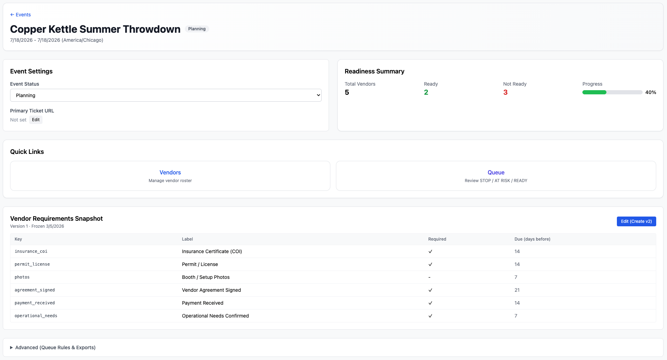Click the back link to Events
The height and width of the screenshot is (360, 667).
click(x=21, y=15)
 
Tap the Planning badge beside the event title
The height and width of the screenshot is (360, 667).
click(x=197, y=29)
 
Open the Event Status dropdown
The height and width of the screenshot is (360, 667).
click(x=166, y=95)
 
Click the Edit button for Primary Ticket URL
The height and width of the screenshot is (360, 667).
click(x=36, y=120)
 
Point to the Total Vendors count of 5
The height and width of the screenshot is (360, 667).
click(x=347, y=92)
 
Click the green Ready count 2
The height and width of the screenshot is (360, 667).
click(x=426, y=92)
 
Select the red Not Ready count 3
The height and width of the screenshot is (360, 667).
click(x=505, y=92)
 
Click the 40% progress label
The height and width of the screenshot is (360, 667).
click(x=651, y=92)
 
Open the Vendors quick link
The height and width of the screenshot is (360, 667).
click(x=170, y=173)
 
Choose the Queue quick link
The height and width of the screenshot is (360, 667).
click(x=496, y=173)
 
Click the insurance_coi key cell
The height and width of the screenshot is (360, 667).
click(x=31, y=251)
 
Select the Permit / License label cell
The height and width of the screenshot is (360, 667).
click(x=200, y=264)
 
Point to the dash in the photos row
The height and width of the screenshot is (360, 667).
click(x=429, y=277)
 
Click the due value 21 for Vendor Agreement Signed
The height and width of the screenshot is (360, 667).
click(x=517, y=290)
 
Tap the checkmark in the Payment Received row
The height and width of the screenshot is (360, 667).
click(x=430, y=303)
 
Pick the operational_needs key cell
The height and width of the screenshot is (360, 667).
click(x=36, y=316)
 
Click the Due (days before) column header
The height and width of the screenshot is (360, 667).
click(x=532, y=239)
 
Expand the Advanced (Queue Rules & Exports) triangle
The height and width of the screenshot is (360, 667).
click(x=11, y=347)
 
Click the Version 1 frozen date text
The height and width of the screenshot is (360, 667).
click(x=37, y=226)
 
